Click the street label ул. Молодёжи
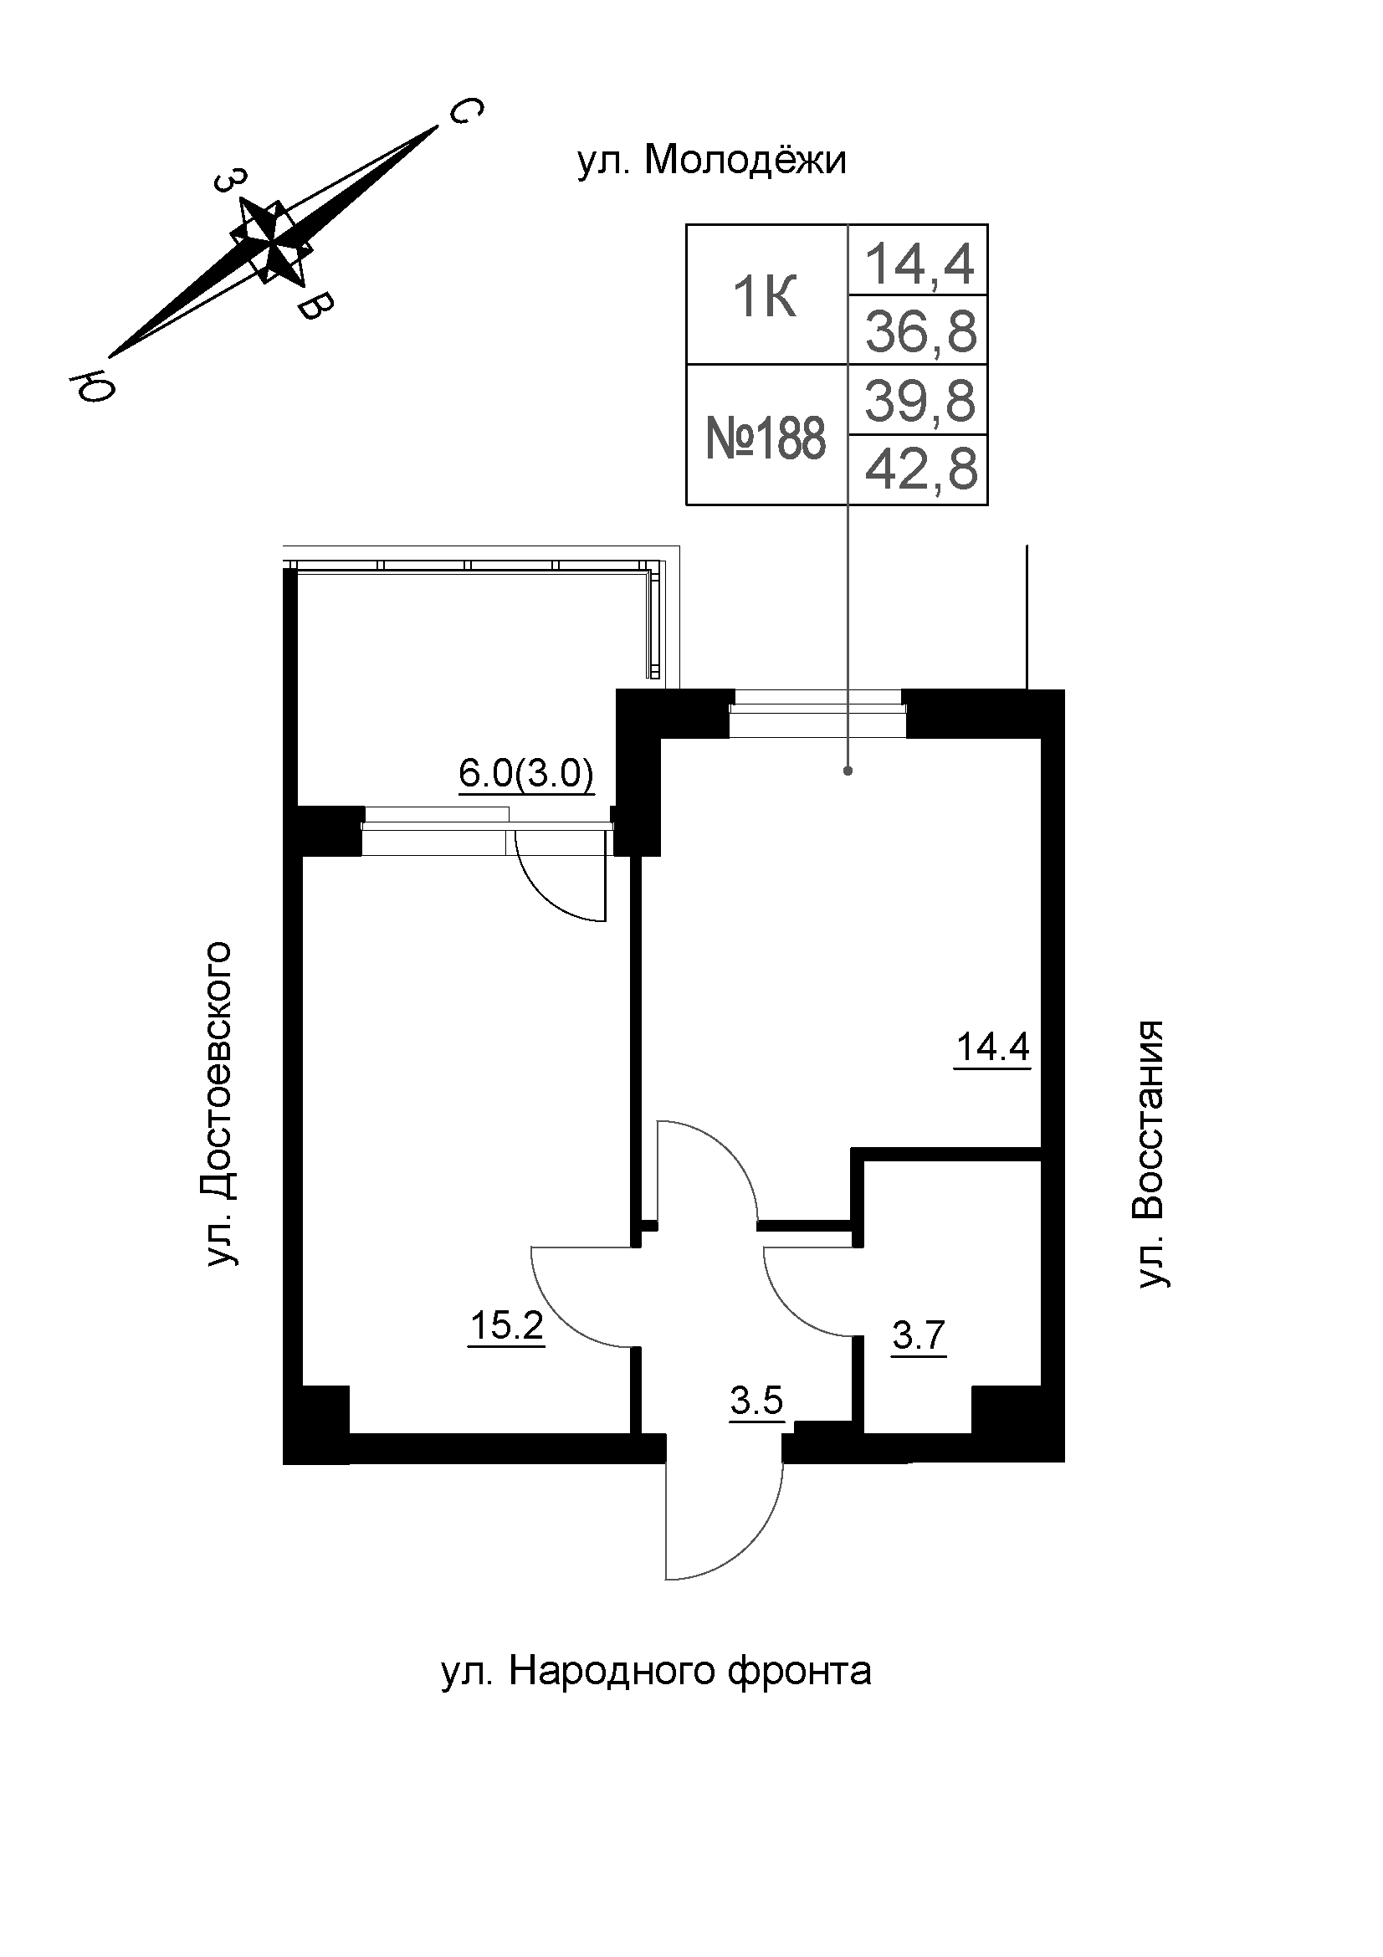tap(712, 161)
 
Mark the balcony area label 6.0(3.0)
tap(525, 774)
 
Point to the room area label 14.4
tap(993, 1047)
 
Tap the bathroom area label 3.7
tap(919, 1335)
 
